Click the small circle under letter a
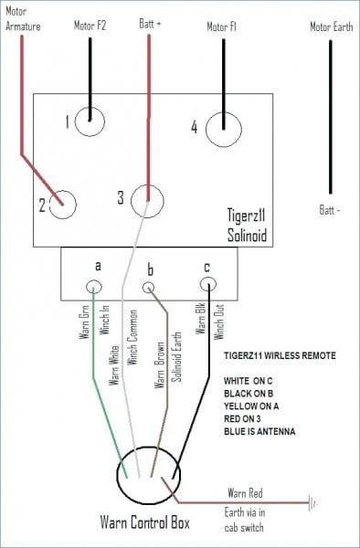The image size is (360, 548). coord(94,287)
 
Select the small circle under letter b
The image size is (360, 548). coord(150,287)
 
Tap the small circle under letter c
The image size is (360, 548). coord(210,286)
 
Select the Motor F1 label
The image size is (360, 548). coord(220,26)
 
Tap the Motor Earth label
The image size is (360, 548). coord(331,26)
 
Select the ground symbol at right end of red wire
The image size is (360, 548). coord(313,502)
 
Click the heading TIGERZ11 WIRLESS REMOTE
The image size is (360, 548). coord(279,355)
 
